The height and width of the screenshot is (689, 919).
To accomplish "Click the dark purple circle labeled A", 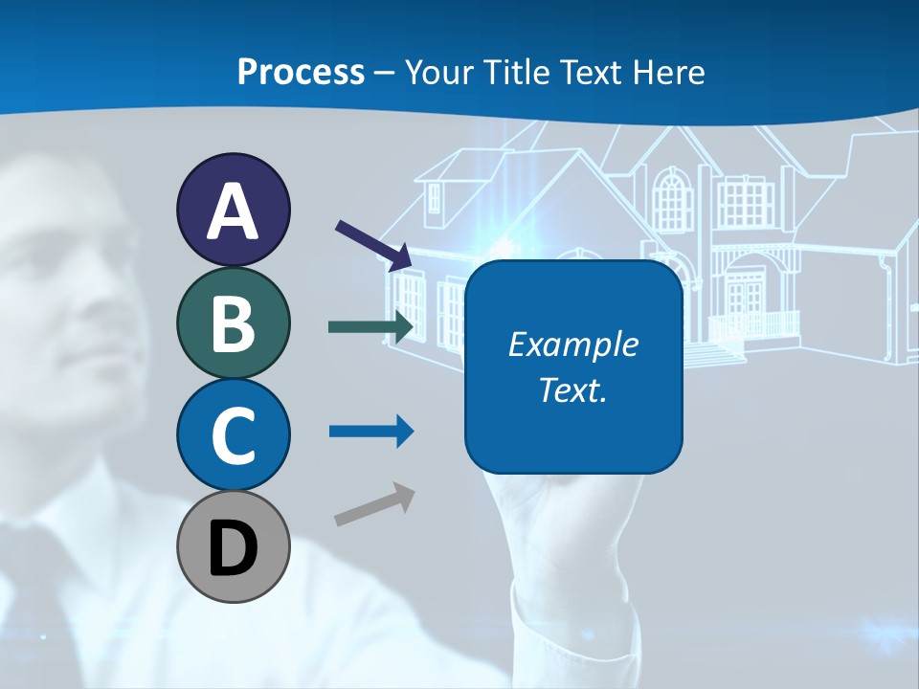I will pos(233,210).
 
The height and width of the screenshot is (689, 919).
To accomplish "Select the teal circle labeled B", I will pos(233,322).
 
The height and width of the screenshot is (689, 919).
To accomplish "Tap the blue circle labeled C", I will pos(233,434).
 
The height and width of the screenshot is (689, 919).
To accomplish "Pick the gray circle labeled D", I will pos(233,546).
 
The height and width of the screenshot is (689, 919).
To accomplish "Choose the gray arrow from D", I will pos(374,505).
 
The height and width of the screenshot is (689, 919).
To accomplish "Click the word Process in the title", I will pos(301,72).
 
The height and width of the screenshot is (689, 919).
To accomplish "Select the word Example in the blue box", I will pos(572,344).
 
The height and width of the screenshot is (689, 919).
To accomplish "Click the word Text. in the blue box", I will pos(572,389).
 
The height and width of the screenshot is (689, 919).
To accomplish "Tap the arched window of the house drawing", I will pos(673,201).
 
